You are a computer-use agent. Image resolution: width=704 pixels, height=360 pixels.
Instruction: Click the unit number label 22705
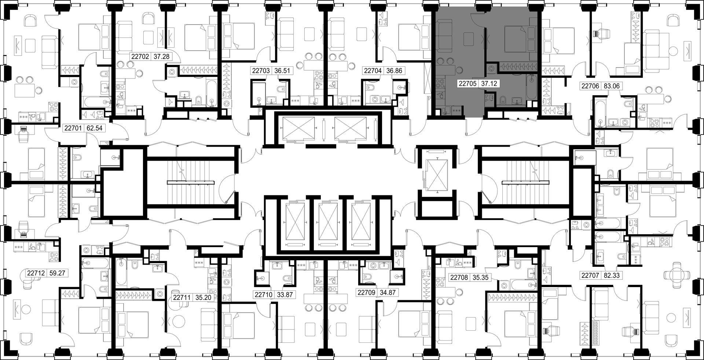(x=467, y=84)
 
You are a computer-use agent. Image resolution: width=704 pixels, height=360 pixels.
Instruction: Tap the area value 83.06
(x=611, y=86)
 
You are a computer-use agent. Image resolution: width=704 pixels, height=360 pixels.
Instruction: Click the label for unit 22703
(x=261, y=71)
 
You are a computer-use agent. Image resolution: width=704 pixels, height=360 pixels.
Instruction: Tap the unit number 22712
(x=36, y=273)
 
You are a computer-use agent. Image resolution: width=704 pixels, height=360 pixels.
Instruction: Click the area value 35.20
(x=203, y=298)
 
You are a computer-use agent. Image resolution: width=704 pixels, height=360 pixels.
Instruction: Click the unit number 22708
(x=459, y=278)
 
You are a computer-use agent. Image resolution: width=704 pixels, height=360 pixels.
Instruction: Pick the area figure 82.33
(x=611, y=275)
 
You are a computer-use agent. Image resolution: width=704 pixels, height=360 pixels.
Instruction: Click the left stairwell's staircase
(x=191, y=183)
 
